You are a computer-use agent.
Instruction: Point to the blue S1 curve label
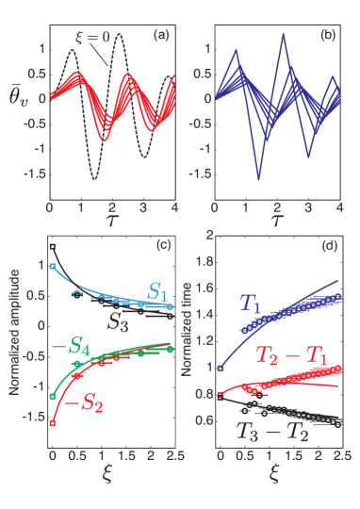click(x=159, y=294)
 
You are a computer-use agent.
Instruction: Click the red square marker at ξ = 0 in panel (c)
click(x=53, y=425)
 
